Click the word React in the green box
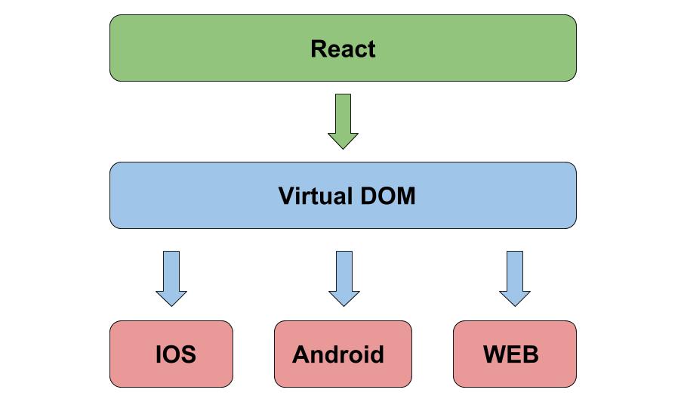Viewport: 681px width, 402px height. click(x=343, y=49)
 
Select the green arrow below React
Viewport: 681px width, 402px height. click(x=343, y=121)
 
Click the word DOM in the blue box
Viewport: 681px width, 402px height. click(x=387, y=196)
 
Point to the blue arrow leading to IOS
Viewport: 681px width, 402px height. click(x=171, y=277)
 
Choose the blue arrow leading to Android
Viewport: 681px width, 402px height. click(x=344, y=277)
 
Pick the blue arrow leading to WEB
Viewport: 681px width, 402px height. click(x=515, y=277)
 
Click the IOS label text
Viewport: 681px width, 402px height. click(x=176, y=354)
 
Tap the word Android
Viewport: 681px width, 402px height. click(x=337, y=354)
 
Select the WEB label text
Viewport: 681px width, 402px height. click(x=510, y=354)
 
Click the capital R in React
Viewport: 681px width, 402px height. click(x=319, y=49)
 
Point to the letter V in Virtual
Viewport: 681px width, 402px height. click(x=286, y=196)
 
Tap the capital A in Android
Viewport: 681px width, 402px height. click(x=300, y=354)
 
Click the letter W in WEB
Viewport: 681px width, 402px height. click(x=494, y=354)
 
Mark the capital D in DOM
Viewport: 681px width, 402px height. click(x=368, y=196)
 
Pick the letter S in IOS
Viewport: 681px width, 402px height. click(x=188, y=354)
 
